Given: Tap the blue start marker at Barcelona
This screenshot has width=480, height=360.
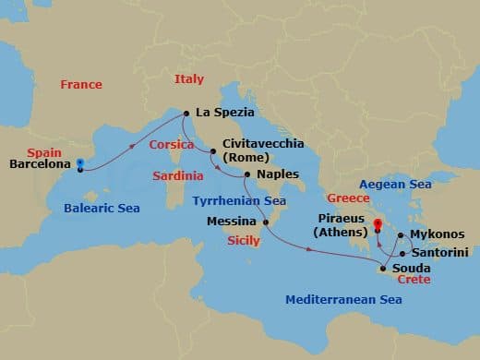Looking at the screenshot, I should click(81, 164).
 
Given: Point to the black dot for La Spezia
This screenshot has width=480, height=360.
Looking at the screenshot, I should click(186, 114).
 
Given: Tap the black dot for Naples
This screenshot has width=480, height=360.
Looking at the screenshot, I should click(247, 174).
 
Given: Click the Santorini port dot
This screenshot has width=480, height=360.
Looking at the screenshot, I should click(402, 252).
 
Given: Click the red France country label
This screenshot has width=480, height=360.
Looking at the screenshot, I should click(81, 84).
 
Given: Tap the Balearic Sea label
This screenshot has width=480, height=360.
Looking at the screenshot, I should click(102, 209).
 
